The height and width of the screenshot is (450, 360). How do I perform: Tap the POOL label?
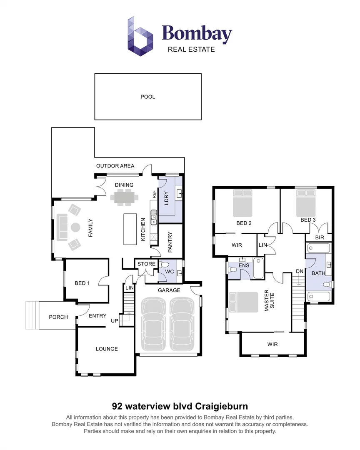147,97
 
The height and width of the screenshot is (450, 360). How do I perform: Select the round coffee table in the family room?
75,227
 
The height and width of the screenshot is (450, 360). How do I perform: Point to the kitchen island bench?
130,229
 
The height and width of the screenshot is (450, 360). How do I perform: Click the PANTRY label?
170,242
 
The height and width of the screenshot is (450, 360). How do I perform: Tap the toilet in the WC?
165,265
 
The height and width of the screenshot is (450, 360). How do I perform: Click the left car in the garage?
154,324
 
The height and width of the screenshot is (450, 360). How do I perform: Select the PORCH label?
58,317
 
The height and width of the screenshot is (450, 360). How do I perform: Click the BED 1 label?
82,283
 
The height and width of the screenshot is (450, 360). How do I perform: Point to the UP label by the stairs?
114,321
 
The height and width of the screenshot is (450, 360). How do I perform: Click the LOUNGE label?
107,349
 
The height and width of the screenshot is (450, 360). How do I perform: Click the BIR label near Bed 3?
320,237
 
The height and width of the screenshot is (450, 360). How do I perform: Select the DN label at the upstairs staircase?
299,271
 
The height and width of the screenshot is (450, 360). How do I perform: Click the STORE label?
146,264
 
